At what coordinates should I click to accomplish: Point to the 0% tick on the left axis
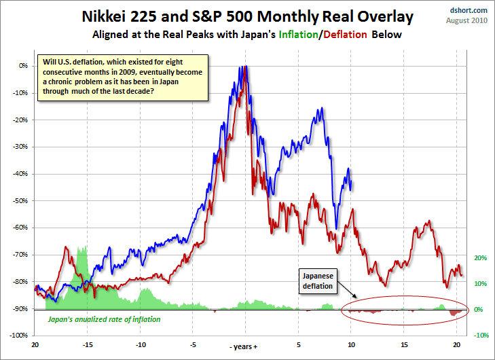(23, 66)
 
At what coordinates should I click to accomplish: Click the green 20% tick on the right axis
(479, 258)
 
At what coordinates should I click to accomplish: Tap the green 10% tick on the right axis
(479, 284)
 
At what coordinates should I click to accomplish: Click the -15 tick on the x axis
(87, 344)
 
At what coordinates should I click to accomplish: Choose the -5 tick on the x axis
(193, 344)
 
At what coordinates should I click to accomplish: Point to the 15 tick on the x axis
(405, 344)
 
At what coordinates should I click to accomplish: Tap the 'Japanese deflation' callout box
(318, 281)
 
